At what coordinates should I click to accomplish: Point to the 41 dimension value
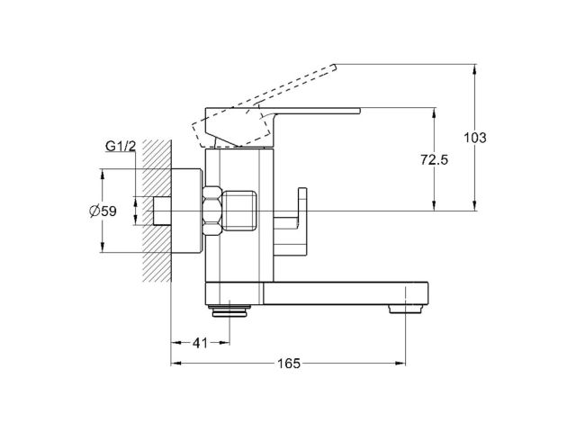pos(201,342)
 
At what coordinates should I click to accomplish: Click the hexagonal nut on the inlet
pos(214,211)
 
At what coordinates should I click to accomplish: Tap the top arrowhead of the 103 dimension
pos(476,67)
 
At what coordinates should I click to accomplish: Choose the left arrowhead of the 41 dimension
pos(174,343)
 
